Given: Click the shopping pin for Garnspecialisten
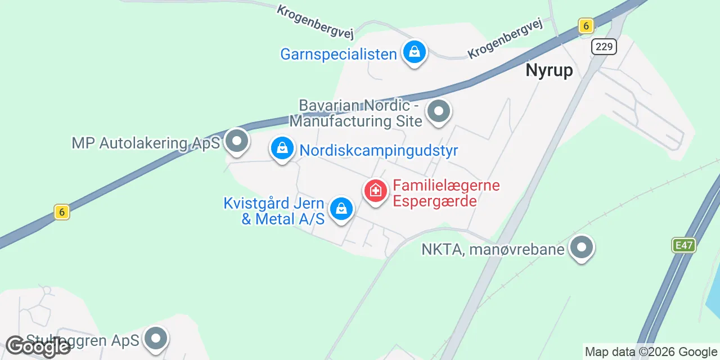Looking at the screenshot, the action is point(415,52).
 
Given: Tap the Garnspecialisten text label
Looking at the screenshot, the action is point(339,54).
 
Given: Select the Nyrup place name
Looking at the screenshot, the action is point(549,70).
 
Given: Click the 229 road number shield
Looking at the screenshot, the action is point(604,47).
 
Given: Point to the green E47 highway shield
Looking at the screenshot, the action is point(684,245).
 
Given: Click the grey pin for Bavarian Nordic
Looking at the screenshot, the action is point(439,111).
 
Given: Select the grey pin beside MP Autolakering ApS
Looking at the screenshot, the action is point(237,141).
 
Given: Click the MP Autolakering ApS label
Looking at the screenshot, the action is point(145,143).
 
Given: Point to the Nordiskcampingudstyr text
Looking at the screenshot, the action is point(379,151).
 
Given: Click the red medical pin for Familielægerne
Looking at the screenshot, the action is point(375,191).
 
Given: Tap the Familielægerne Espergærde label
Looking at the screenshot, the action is point(446,193).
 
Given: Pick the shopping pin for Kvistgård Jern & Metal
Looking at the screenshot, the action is point(341,209).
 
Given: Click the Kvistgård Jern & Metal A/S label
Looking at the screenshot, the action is point(274,211).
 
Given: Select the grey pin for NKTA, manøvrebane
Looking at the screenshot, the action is point(582,247).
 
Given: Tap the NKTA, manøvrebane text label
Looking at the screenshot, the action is point(493,249).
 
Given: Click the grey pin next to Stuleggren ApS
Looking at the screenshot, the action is point(156,339).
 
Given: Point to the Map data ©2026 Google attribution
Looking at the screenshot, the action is point(651,352).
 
